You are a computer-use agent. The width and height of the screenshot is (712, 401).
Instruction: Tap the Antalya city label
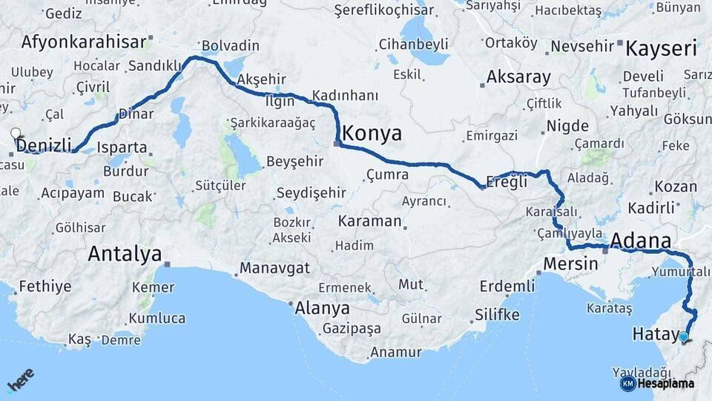coord(125,254)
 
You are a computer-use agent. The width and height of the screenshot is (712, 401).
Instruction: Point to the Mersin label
coord(570,264)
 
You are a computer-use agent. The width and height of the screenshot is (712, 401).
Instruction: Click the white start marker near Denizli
coord(16,134)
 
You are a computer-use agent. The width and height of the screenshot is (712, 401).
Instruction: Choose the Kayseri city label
coord(662,50)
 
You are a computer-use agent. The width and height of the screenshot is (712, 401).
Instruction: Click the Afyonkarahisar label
coord(84,42)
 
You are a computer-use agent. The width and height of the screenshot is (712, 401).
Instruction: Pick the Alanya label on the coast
coord(322,307)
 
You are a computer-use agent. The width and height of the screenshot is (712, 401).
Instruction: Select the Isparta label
coord(122,147)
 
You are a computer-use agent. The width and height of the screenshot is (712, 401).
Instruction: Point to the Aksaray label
coord(518,77)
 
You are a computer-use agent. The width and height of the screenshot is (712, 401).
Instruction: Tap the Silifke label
coord(497,314)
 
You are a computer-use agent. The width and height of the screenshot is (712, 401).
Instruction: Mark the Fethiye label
coord(45,286)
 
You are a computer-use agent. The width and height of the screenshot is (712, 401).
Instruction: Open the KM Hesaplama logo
coord(657,384)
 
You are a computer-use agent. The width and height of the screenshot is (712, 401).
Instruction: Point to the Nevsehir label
coord(581,46)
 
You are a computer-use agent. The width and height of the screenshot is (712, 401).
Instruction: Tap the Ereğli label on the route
coord(507,181)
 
